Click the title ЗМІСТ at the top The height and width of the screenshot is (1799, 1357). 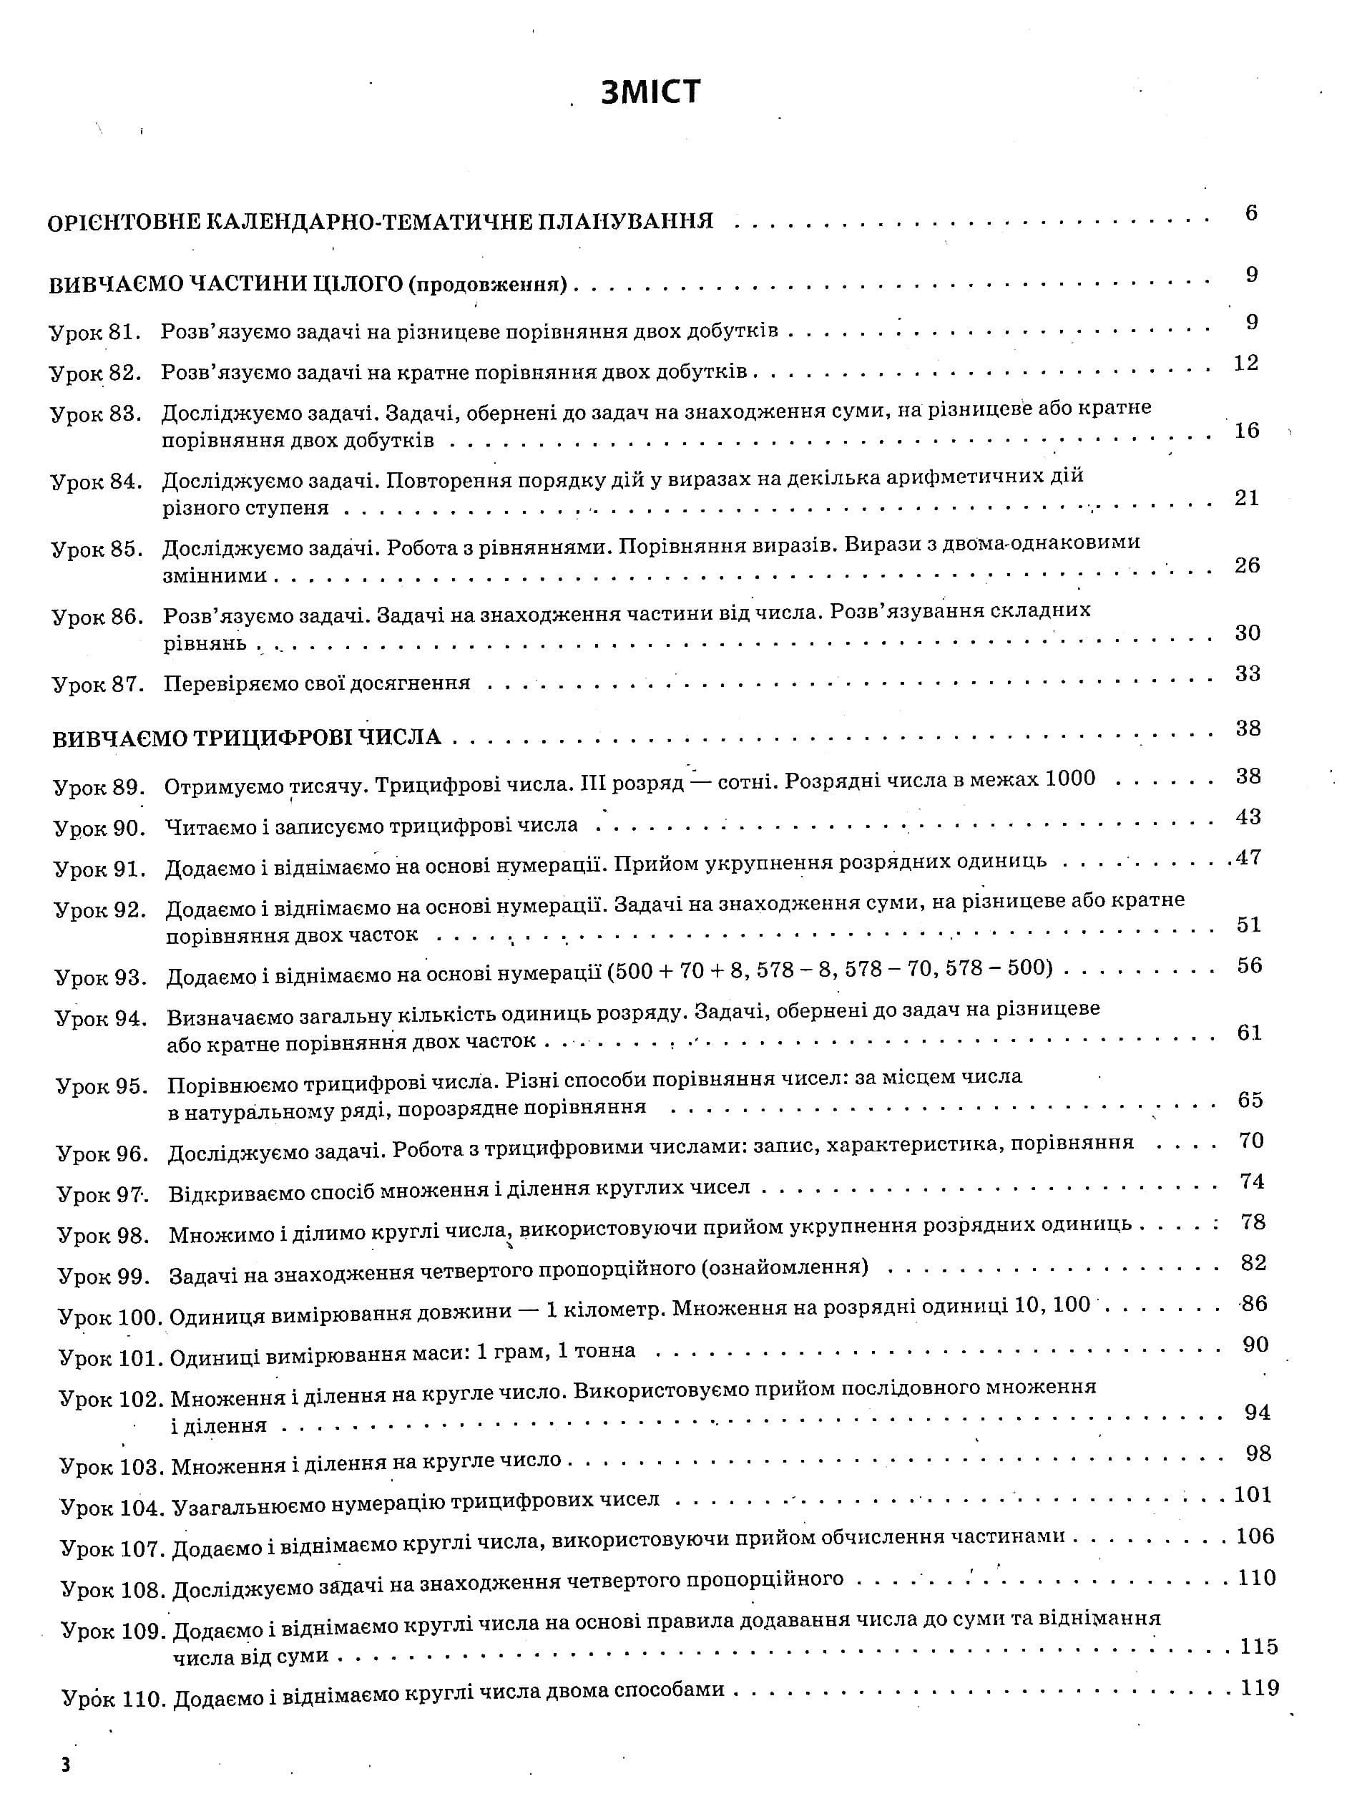(x=650, y=92)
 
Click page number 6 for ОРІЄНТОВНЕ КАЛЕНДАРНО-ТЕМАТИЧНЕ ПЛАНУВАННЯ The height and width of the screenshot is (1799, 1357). (x=1250, y=213)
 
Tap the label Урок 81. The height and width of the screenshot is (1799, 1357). (x=95, y=333)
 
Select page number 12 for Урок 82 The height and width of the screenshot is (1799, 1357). (x=1245, y=363)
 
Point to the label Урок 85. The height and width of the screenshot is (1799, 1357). (x=97, y=550)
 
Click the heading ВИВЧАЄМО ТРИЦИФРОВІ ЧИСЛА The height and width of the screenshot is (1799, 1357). (x=246, y=738)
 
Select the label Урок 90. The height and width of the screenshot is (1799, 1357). (x=99, y=829)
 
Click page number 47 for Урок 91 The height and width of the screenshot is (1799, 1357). (x=1248, y=857)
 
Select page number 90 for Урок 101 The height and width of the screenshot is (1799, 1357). (x=1255, y=1345)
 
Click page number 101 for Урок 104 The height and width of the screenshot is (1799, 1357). (x=1252, y=1495)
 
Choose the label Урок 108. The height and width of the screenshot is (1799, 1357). (x=113, y=1590)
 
